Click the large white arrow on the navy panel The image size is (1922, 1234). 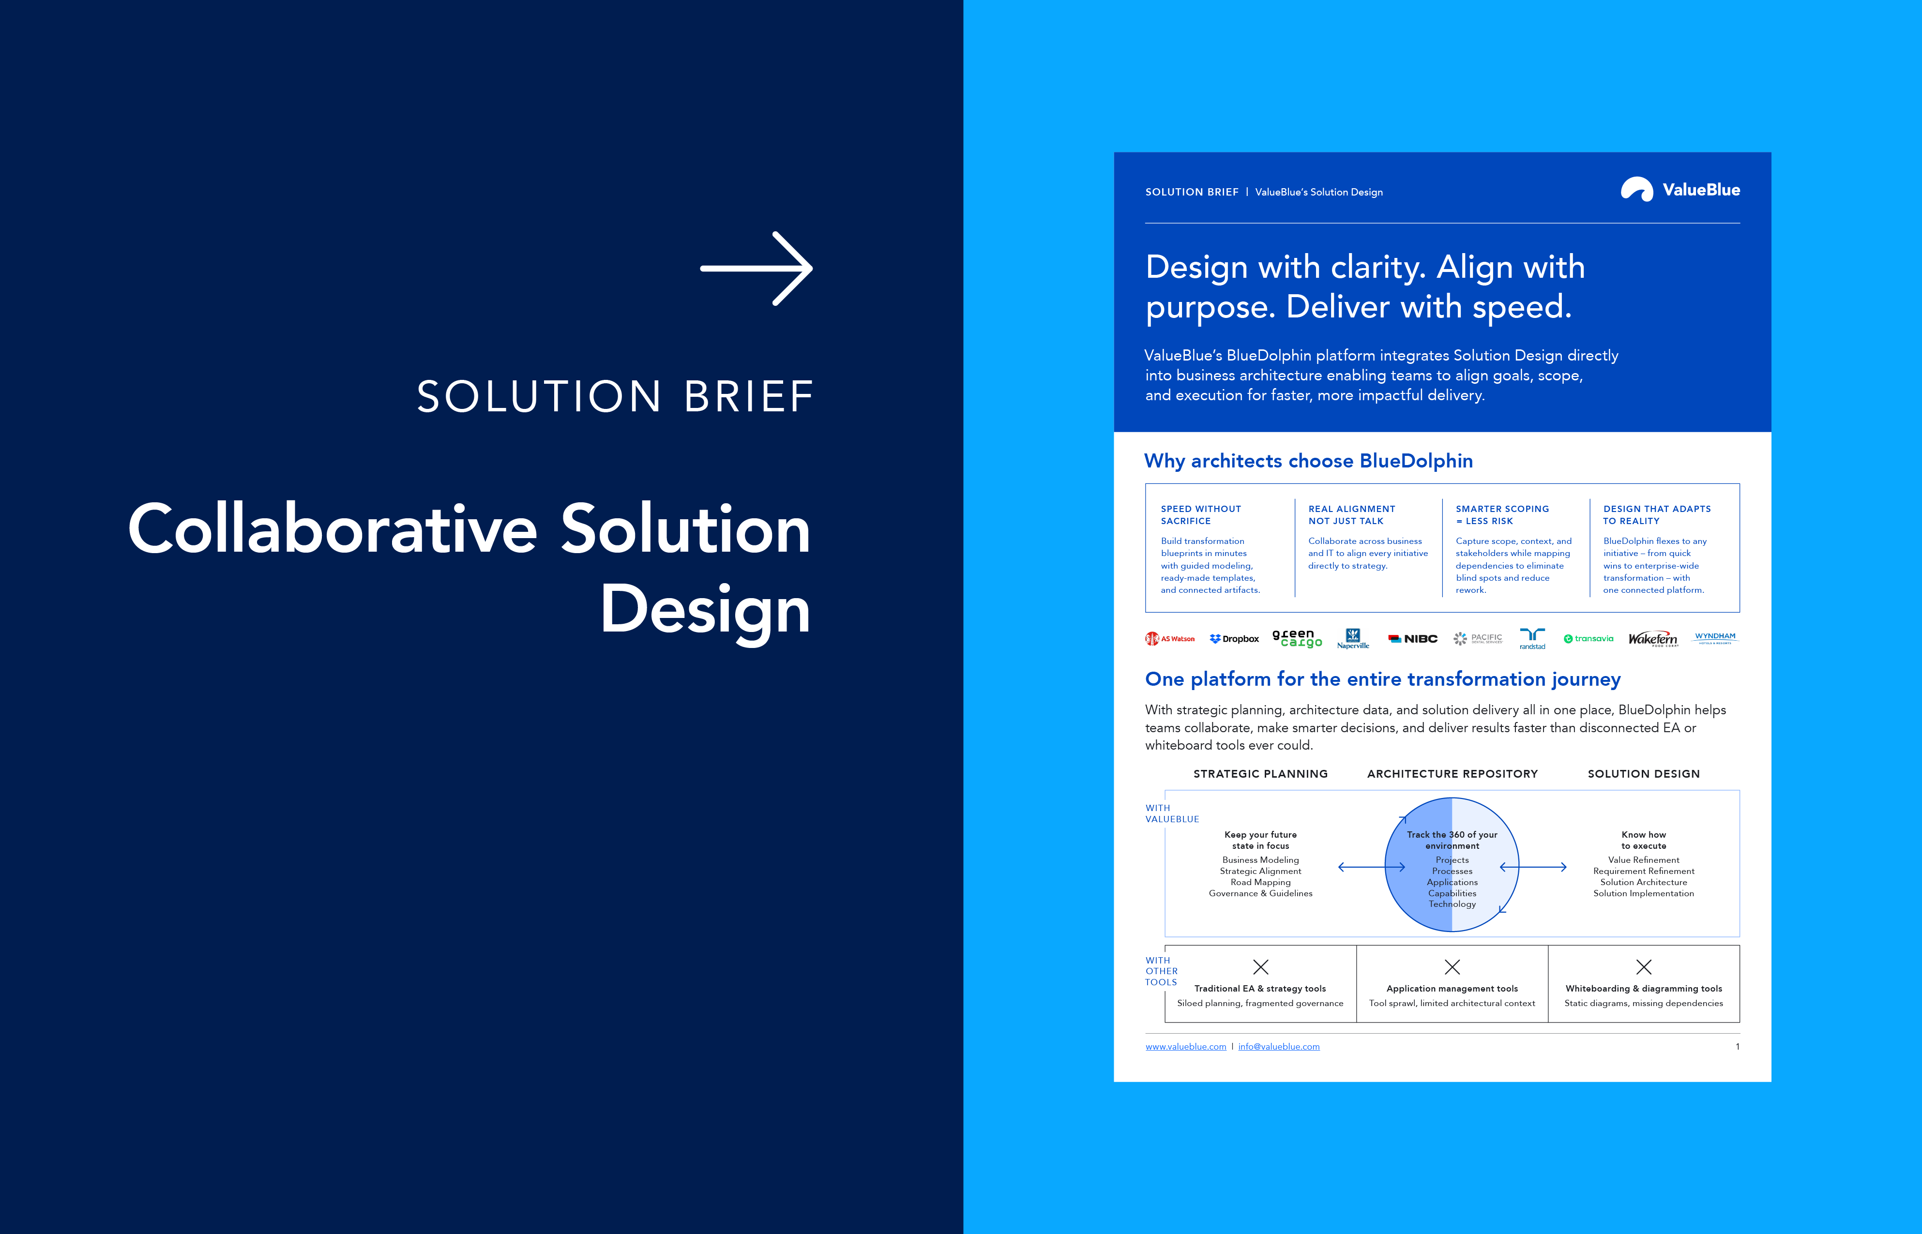pos(756,269)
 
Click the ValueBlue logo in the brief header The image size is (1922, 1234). pos(1680,189)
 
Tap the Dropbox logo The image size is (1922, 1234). pos(1234,639)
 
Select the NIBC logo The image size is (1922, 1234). pos(1413,639)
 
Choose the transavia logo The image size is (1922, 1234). pos(1589,639)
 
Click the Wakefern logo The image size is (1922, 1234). pos(1653,639)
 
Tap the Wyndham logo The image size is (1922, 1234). pos(1715,638)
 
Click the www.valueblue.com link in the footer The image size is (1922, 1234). pos(1185,1047)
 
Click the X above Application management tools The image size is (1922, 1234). pos(1453,967)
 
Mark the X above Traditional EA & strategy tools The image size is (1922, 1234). pos(1261,967)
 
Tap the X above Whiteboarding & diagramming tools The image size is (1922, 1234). pos(1644,967)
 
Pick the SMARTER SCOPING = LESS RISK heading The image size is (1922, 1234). pos(1503,514)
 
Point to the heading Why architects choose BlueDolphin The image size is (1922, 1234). pos(1308,461)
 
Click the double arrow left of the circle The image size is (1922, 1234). pos(1371,867)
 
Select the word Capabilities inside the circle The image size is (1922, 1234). pos(1453,893)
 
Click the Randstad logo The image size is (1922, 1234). pos(1532,639)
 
